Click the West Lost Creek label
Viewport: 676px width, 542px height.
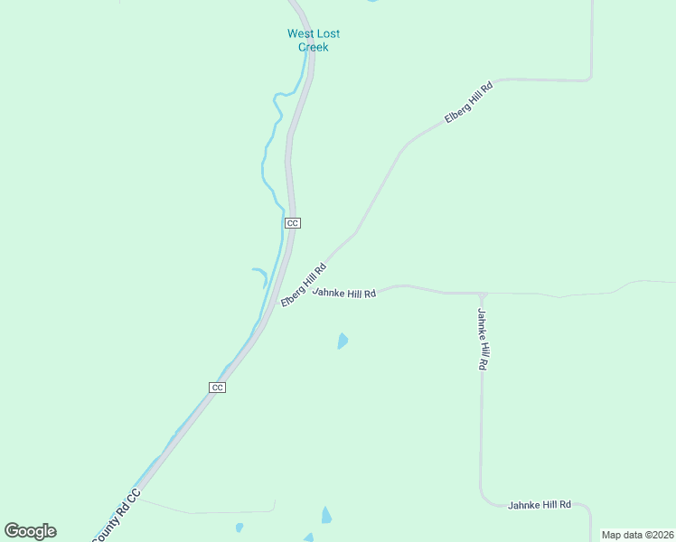[x=313, y=40]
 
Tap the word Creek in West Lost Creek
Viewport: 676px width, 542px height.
[x=313, y=47]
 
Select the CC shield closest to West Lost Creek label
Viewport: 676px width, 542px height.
[x=292, y=222]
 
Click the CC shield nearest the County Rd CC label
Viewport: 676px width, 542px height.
[x=217, y=387]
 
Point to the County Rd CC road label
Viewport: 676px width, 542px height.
[x=117, y=515]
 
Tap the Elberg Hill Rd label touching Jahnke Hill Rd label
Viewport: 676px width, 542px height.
[x=303, y=284]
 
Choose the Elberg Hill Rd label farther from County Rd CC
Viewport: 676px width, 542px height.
[x=468, y=103]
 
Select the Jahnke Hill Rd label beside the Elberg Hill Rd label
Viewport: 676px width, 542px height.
[x=344, y=293]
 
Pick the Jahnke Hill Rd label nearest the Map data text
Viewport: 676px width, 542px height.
[x=540, y=504]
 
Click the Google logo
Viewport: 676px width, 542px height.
[x=30, y=531]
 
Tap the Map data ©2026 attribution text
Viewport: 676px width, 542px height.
[x=637, y=535]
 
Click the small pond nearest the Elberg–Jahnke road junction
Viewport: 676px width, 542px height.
[x=343, y=341]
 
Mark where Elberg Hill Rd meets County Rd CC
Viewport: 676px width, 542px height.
[x=281, y=298]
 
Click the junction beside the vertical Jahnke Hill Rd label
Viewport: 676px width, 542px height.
[x=483, y=294]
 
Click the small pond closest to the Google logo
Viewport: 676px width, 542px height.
[x=239, y=527]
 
